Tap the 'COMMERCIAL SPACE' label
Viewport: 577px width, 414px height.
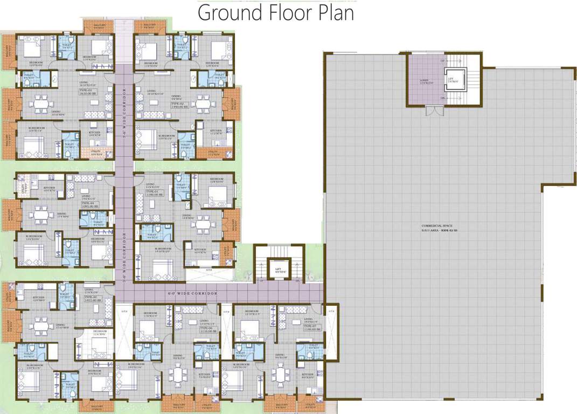click(x=438, y=226)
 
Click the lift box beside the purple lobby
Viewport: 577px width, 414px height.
click(x=450, y=81)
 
